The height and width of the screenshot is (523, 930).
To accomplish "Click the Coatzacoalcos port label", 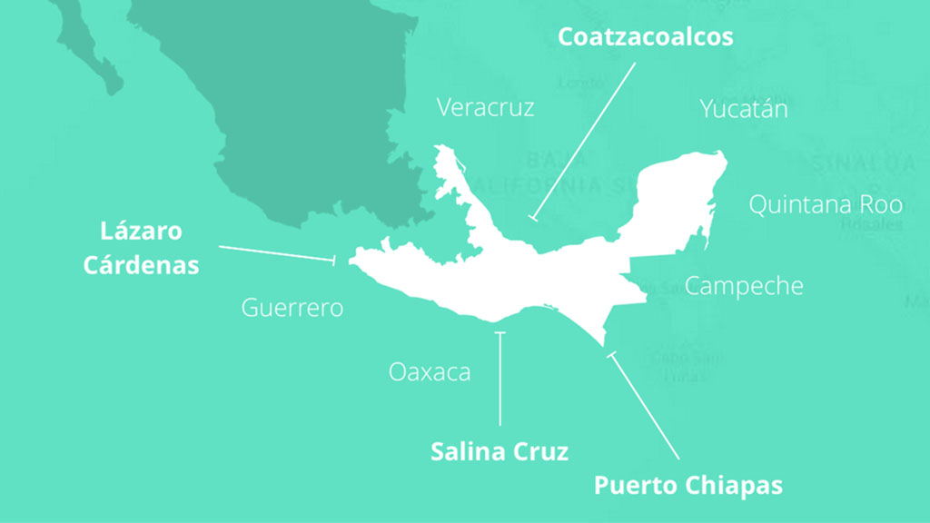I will click(645, 37).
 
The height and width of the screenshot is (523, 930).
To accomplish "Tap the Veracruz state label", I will click(485, 107).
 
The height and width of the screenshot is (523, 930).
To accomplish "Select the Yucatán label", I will click(743, 109).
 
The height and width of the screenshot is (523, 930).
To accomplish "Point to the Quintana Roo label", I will click(825, 204).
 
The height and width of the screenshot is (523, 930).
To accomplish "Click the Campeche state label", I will click(744, 286).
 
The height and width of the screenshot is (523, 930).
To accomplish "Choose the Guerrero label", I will click(292, 308).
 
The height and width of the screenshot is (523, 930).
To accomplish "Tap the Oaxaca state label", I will click(430, 371).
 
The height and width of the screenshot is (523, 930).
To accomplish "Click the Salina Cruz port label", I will click(500, 451).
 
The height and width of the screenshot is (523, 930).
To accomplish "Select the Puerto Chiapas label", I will click(688, 485).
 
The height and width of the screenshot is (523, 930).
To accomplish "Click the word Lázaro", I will click(141, 231).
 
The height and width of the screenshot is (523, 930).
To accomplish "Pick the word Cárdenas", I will click(141, 265).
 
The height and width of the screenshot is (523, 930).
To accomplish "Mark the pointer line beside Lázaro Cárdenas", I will click(277, 253).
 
